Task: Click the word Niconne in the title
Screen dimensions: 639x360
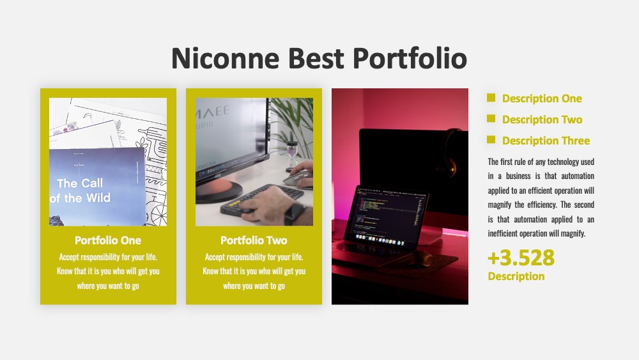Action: coord(226,58)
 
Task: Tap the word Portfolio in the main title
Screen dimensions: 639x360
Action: coord(410,58)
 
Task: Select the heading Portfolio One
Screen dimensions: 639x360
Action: coord(108,240)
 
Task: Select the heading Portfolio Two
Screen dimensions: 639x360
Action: coord(254,240)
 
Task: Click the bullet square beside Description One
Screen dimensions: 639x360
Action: coord(491,97)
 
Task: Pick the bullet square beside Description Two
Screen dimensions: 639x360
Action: coord(491,119)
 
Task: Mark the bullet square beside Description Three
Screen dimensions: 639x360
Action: coord(491,140)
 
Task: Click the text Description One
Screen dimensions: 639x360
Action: coord(542,98)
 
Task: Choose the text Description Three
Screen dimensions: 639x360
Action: coord(546,141)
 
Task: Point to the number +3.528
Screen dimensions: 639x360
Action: coord(521,258)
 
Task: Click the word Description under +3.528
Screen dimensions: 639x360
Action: coord(516,276)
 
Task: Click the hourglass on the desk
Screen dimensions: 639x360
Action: coord(292,155)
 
